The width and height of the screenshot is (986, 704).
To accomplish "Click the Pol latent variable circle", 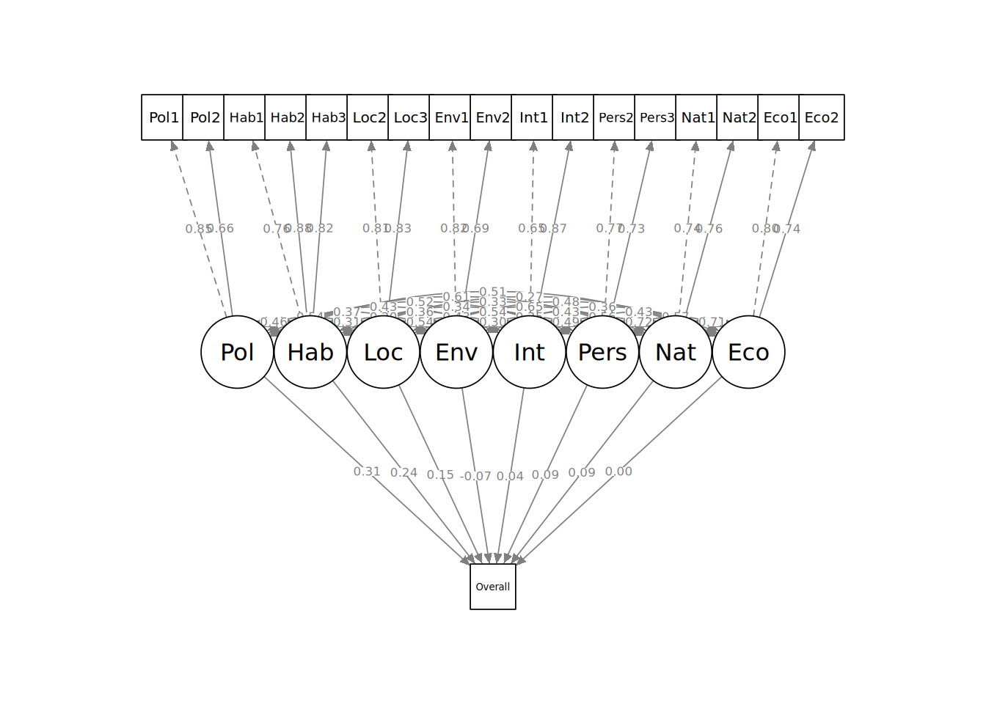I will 237,352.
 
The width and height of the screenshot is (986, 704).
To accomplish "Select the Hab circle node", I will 310,352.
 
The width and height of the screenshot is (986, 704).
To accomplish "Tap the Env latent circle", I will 456,352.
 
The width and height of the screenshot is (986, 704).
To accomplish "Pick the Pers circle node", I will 602,352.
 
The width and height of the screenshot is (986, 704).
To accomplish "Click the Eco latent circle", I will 748,352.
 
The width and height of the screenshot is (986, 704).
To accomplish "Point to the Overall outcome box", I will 493,587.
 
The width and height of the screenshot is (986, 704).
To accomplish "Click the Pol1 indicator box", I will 163,117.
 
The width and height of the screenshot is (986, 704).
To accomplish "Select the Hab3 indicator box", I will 327,117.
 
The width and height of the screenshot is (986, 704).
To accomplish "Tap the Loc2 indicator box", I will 368,117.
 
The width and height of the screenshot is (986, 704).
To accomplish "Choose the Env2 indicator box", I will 492,117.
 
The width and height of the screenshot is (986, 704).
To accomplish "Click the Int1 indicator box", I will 533,117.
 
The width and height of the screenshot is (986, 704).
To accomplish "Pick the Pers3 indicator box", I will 656,117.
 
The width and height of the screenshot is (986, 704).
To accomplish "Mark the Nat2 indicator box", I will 738,117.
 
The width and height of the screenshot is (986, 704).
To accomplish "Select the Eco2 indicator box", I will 820,117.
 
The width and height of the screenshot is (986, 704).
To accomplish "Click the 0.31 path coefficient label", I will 367,472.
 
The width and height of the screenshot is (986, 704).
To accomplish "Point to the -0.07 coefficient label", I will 475,476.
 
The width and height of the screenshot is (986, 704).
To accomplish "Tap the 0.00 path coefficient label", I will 618,472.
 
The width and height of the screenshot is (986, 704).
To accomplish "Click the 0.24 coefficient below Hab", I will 403,473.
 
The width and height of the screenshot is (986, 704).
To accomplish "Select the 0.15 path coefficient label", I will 440,474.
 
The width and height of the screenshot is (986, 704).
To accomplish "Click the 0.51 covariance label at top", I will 492,293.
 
